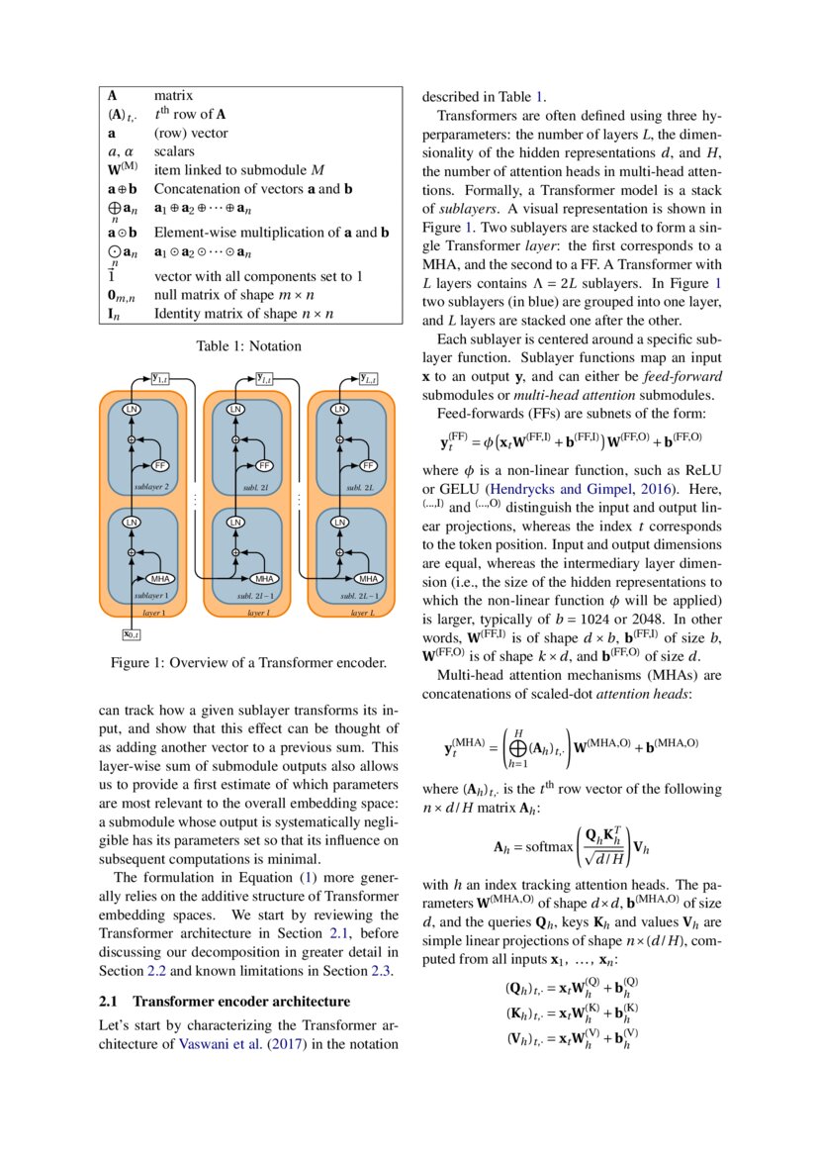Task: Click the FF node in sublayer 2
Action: (x=160, y=465)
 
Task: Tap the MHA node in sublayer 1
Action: (x=159, y=578)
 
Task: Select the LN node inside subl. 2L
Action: (x=340, y=409)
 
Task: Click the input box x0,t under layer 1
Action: (x=131, y=634)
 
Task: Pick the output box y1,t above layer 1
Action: (x=160, y=377)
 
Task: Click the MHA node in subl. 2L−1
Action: (x=368, y=578)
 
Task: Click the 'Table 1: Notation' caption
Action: (x=248, y=346)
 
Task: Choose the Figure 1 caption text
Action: (x=248, y=662)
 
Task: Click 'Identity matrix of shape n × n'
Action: (x=243, y=314)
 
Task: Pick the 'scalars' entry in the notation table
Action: (x=174, y=151)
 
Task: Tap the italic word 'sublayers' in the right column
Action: (x=468, y=209)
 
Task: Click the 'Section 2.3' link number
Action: (x=382, y=970)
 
